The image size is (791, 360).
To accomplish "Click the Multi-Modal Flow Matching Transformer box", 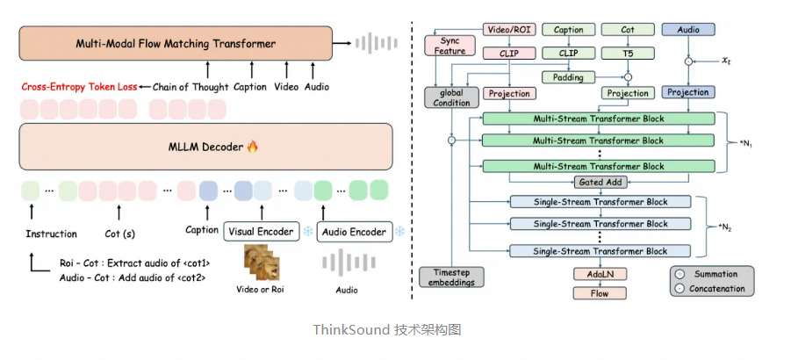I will coord(176,43).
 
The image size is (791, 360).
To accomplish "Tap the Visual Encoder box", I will coord(261,232).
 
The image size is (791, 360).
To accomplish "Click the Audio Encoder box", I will coord(352,232).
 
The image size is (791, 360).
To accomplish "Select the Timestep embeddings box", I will coord(449,277).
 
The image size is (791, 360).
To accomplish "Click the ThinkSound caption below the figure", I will coord(387,330).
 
